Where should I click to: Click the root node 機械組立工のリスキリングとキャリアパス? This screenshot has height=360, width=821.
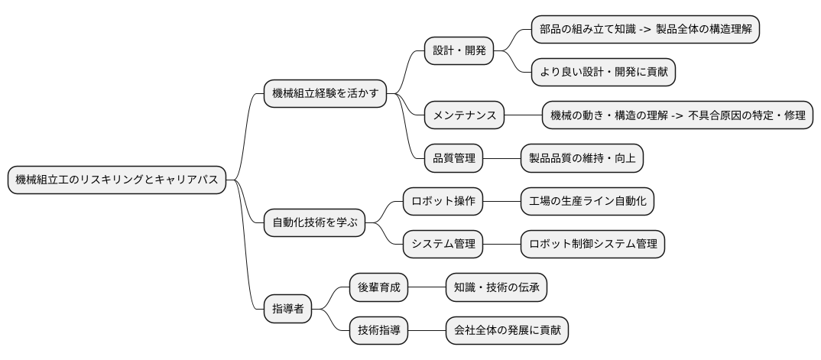pyautogui.click(x=117, y=180)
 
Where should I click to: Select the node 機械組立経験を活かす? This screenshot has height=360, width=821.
pyautogui.click(x=324, y=94)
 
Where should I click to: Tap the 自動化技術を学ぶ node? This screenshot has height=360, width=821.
pyautogui.click(x=314, y=223)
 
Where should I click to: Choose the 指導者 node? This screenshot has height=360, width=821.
pyautogui.click(x=288, y=309)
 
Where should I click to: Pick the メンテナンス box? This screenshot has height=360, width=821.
pyautogui.click(x=465, y=116)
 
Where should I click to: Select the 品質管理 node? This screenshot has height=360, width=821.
pyautogui.click(x=454, y=159)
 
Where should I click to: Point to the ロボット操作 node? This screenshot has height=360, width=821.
pyautogui.click(x=443, y=202)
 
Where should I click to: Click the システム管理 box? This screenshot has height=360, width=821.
pyautogui.click(x=443, y=245)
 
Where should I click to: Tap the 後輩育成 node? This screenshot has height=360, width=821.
pyautogui.click(x=378, y=287)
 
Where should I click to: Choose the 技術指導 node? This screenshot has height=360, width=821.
pyautogui.click(x=378, y=330)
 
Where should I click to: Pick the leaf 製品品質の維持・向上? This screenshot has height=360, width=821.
pyautogui.click(x=582, y=159)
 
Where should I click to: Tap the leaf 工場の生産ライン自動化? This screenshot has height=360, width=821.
pyautogui.click(x=587, y=202)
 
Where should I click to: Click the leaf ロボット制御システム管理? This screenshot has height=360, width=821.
pyautogui.click(x=592, y=245)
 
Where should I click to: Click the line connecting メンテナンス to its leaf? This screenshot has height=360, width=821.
pyautogui.click(x=523, y=116)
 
